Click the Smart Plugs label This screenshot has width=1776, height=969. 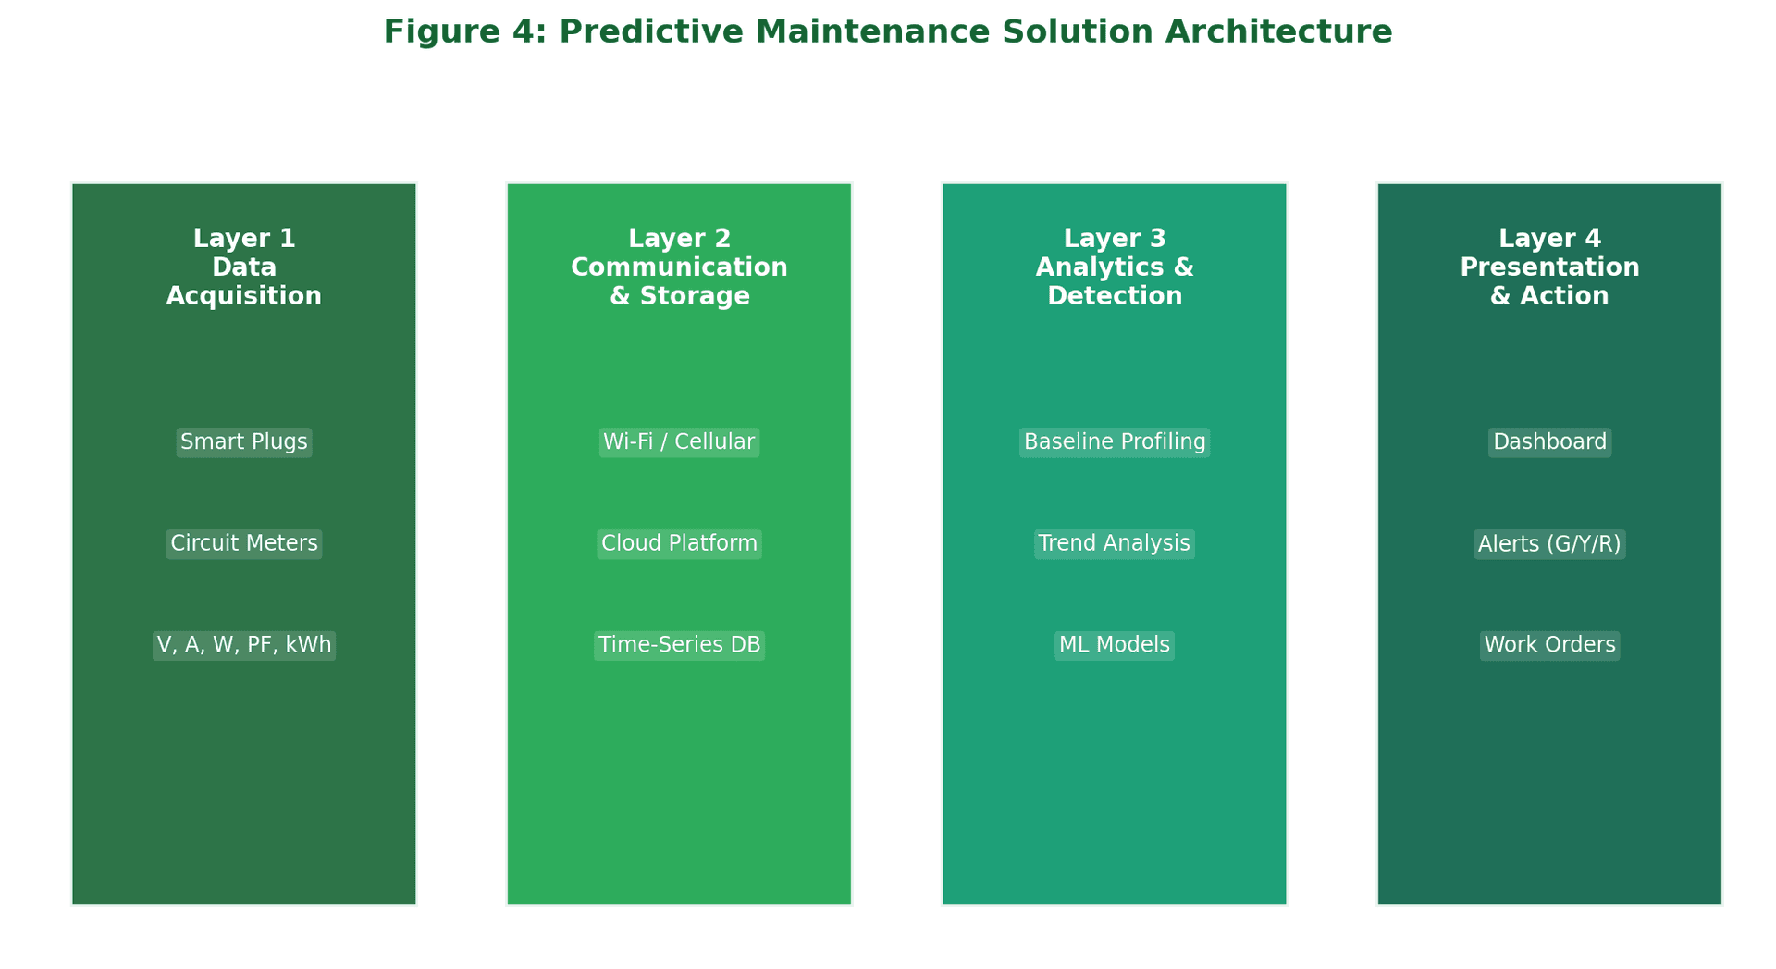[244, 442]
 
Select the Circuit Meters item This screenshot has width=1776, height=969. [244, 544]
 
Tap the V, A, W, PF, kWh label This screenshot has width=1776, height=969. [244, 646]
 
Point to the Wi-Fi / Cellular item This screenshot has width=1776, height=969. [679, 442]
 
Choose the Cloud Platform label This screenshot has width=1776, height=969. [679, 544]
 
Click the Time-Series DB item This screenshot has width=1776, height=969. [679, 646]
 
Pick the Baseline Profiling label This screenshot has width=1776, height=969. [1115, 442]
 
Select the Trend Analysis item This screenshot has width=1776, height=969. [1115, 544]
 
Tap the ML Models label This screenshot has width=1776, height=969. [1115, 646]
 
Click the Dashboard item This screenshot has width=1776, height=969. [1550, 442]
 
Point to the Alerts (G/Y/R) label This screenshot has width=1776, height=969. [1550, 544]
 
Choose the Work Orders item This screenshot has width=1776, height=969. [1550, 646]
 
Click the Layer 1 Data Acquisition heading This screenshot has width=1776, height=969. [244, 267]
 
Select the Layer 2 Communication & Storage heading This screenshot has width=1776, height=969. [679, 267]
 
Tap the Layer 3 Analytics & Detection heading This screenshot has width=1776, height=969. [1115, 267]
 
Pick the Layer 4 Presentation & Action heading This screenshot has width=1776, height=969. [1550, 267]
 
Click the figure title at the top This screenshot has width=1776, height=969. [888, 32]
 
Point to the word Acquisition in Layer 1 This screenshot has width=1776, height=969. [244, 296]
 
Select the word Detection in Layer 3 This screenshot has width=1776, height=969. [1115, 296]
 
